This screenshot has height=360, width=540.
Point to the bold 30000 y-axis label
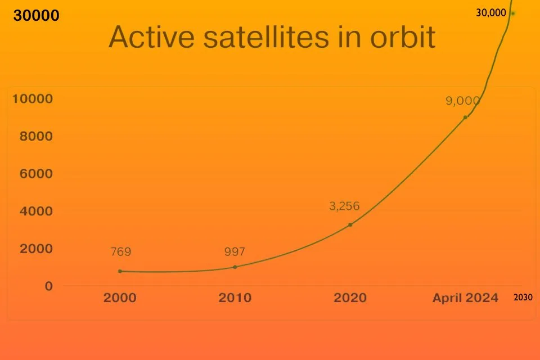[x=36, y=16]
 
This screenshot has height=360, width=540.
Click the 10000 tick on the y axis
[x=33, y=99]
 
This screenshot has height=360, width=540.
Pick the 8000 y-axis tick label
[x=37, y=136]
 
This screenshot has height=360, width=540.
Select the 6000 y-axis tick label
[x=37, y=174]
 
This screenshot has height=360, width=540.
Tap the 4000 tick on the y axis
[x=37, y=211]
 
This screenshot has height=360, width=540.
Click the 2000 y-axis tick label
[x=37, y=249]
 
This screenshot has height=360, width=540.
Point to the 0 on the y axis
[x=49, y=286]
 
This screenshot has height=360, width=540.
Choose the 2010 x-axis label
[x=235, y=298]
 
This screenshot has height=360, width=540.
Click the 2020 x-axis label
[x=350, y=298]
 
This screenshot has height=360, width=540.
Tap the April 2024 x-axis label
[x=465, y=298]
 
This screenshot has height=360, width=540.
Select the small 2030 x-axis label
[x=523, y=298]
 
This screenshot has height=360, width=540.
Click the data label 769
[x=120, y=251]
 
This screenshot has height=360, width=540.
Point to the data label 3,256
[x=344, y=206]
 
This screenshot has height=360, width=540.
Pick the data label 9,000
[x=463, y=101]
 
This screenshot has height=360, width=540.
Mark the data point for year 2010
[x=235, y=267]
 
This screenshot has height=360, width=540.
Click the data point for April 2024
[x=465, y=117]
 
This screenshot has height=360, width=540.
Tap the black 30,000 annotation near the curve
[x=490, y=12]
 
